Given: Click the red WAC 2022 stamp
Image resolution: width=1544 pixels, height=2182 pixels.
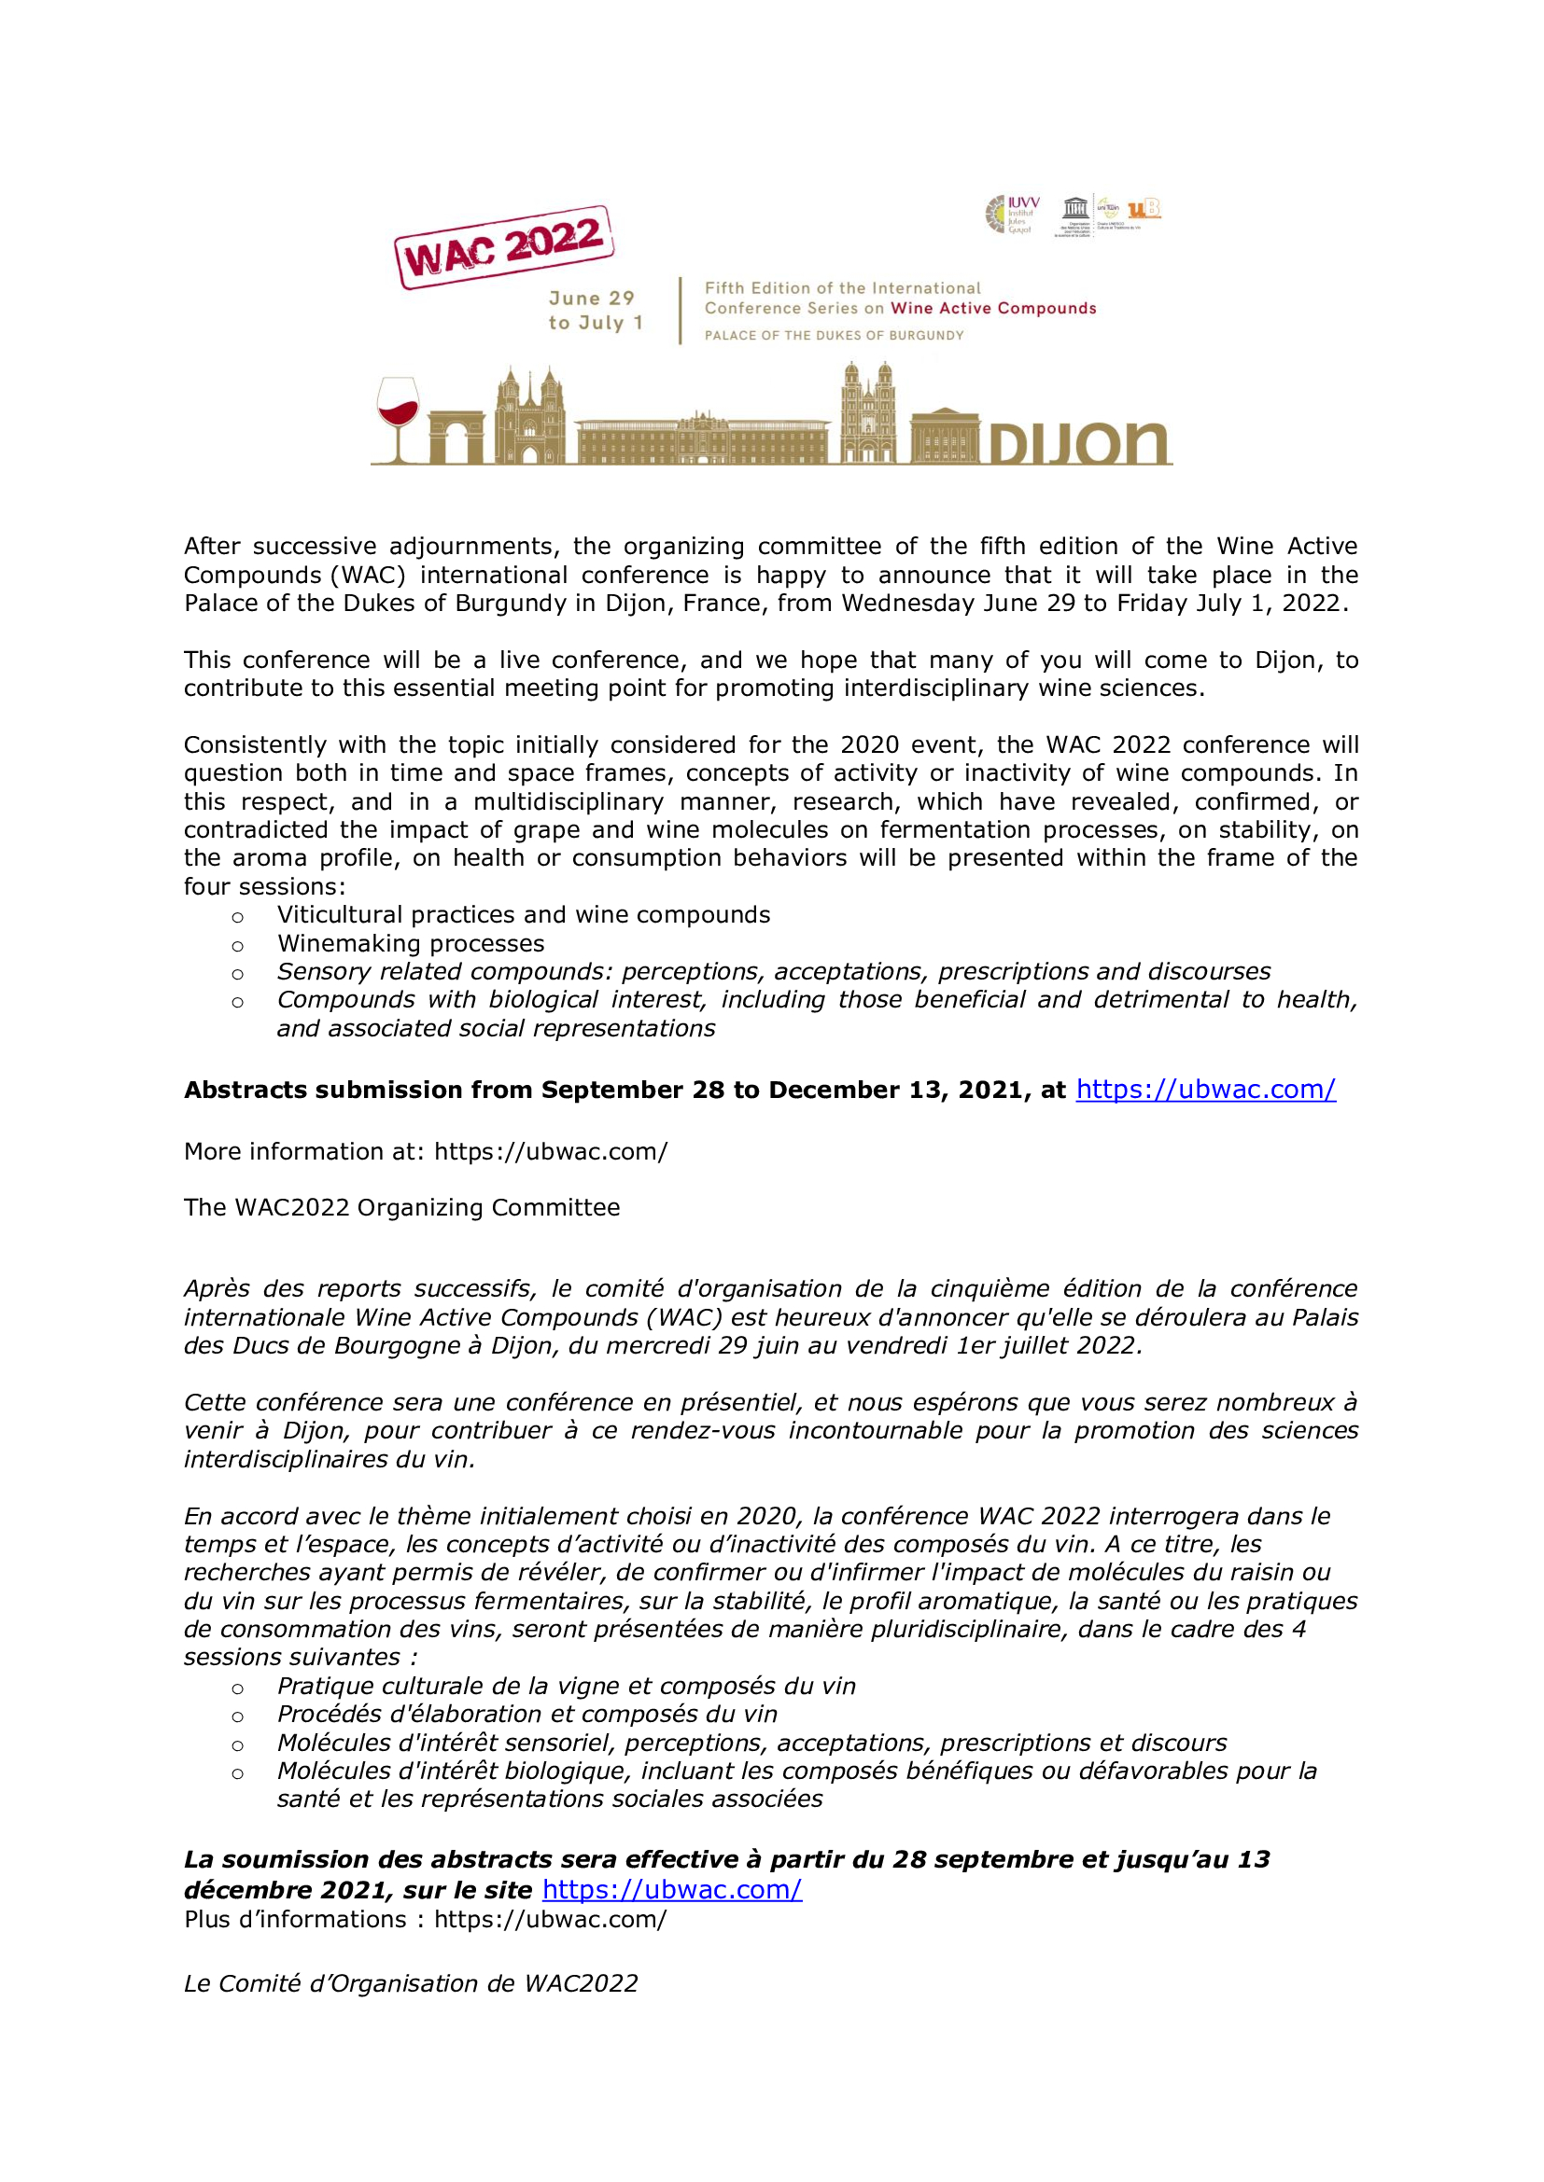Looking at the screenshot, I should (x=504, y=246).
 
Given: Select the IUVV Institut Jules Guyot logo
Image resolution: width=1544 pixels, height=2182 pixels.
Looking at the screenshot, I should (x=1013, y=215).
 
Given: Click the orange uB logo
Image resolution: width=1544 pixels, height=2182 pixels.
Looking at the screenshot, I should (x=1144, y=208).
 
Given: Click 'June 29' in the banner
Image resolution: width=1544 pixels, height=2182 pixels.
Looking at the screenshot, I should (x=591, y=299).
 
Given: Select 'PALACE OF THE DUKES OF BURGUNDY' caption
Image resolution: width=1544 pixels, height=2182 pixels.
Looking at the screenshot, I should (x=834, y=336).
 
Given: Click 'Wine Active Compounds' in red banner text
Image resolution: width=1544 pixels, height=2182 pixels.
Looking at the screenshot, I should (x=993, y=308).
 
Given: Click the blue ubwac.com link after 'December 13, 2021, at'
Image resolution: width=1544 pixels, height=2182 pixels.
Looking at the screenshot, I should (x=1205, y=1089).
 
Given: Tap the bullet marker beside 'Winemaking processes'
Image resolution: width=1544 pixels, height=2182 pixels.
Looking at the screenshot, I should (x=238, y=946).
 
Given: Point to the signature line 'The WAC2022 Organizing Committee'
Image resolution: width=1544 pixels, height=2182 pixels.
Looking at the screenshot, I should (x=401, y=1207).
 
